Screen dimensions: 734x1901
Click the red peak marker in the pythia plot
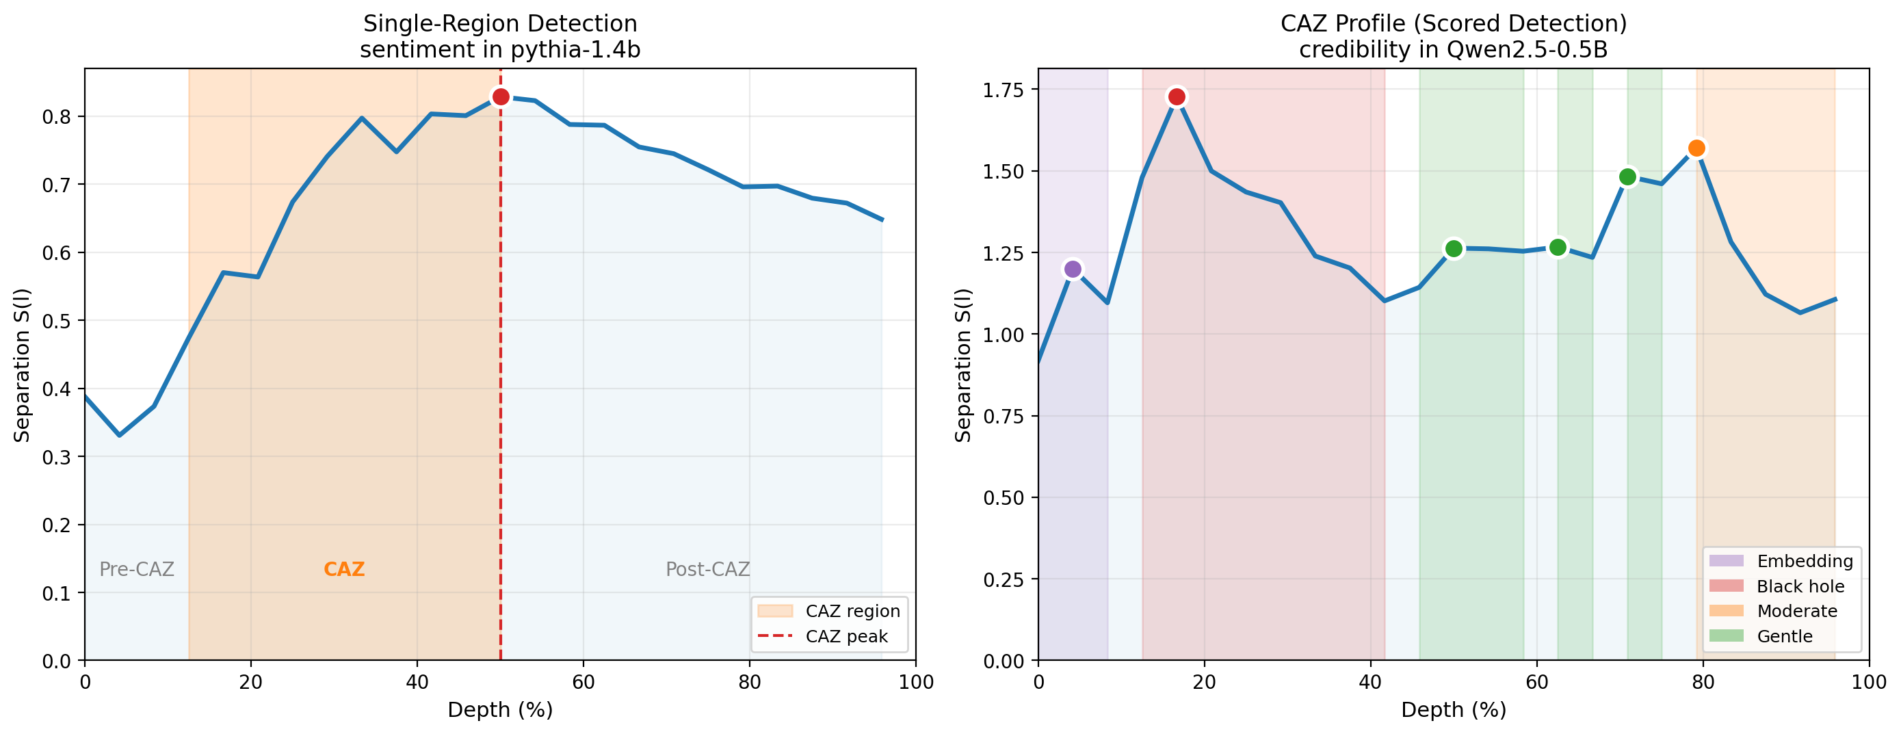click(500, 96)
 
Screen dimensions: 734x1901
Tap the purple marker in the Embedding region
click(1073, 270)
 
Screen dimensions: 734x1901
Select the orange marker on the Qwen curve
click(1696, 148)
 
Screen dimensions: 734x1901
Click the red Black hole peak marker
click(1177, 96)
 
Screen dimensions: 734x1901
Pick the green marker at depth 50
click(1453, 248)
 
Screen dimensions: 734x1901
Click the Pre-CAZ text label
click(137, 570)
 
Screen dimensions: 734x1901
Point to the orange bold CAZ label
click(344, 570)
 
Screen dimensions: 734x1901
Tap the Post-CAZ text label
click(707, 570)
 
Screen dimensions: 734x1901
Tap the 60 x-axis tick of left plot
click(583, 681)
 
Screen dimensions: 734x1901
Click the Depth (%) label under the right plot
click(1453, 709)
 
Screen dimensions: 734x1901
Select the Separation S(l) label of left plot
click(22, 365)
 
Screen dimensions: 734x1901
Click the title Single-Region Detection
click(499, 24)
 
